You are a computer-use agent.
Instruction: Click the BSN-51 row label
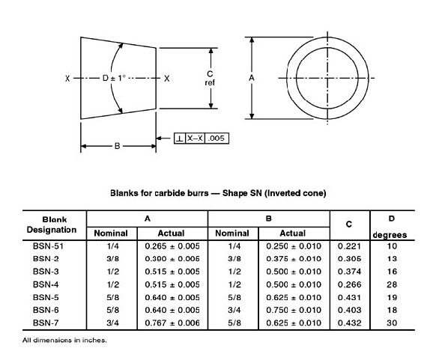[48, 246]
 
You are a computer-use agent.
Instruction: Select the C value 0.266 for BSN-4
[349, 284]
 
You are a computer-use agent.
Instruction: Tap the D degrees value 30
[392, 323]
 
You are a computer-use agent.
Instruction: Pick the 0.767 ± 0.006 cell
[172, 323]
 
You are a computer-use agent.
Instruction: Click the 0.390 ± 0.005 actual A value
[172, 259]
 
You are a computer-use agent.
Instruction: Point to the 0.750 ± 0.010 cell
[294, 310]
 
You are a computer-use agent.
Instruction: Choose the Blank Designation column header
[52, 225]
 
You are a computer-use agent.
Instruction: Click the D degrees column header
[390, 227]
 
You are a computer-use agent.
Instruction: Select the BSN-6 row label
[46, 310]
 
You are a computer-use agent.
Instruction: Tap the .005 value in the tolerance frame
[217, 138]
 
